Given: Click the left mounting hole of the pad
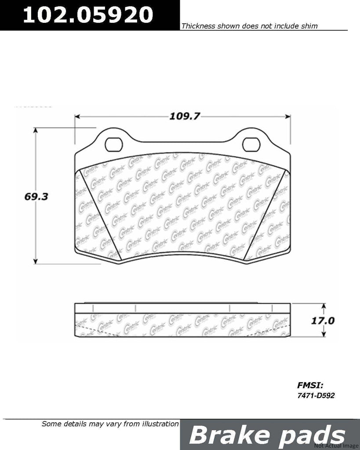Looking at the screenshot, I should [x=114, y=143].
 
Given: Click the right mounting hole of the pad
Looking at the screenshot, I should [x=251, y=143].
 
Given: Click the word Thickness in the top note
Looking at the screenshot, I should [x=196, y=26].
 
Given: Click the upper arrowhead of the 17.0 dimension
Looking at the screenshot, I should [x=324, y=306].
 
